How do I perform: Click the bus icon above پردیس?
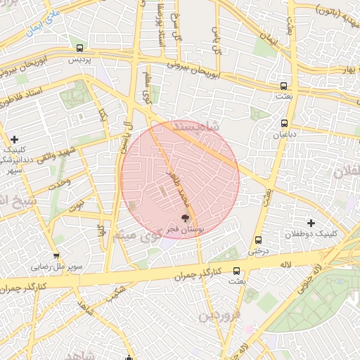pos(79,49)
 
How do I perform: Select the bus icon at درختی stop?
pos(259,239)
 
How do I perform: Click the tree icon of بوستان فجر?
pos(186,219)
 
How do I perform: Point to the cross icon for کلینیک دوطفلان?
pos(311,222)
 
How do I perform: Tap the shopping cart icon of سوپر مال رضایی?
pos(56,256)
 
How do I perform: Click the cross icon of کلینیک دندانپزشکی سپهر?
pos(14,139)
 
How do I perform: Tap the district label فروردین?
pos(222,316)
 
